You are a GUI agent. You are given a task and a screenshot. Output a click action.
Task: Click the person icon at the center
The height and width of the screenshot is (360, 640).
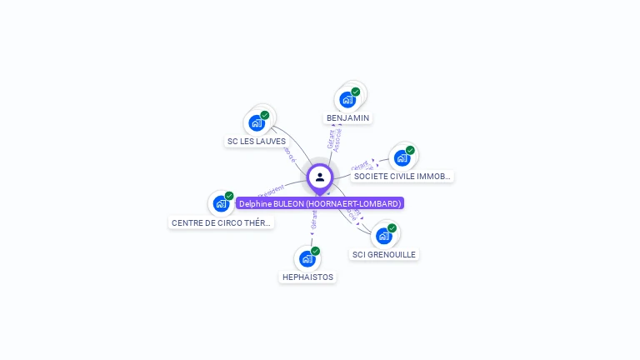click(x=320, y=177)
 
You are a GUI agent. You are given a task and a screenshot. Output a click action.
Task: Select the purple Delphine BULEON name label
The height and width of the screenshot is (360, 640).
click(x=320, y=203)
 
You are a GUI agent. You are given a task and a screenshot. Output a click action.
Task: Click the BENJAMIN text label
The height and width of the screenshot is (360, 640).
click(x=348, y=118)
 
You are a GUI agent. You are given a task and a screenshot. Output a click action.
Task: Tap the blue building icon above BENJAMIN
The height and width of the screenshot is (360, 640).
click(x=347, y=100)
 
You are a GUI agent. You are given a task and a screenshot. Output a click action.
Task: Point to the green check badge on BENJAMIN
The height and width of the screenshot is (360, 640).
click(x=356, y=92)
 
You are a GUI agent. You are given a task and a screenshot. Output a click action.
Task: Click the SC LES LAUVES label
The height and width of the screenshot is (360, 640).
click(x=257, y=142)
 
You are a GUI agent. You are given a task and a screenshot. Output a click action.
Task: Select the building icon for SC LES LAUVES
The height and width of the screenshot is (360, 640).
click(x=257, y=122)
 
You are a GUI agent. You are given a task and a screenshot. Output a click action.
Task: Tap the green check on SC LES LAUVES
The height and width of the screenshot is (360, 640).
click(x=265, y=115)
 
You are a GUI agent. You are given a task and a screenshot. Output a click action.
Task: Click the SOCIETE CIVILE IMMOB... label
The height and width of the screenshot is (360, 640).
click(x=402, y=177)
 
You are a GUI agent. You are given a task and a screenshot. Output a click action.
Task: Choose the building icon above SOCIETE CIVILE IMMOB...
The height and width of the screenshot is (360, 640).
click(x=402, y=157)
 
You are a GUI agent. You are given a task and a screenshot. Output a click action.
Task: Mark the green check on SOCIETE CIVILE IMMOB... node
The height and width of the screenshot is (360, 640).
click(x=410, y=150)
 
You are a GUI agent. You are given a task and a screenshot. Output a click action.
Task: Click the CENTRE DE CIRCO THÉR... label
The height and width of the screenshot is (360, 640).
click(x=222, y=223)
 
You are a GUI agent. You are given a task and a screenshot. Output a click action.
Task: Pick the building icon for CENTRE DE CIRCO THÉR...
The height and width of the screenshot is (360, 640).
click(x=221, y=203)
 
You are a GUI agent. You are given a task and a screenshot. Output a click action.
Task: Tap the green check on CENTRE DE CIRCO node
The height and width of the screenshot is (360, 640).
click(x=229, y=196)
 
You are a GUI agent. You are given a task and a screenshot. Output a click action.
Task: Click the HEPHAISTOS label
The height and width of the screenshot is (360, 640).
click(x=307, y=277)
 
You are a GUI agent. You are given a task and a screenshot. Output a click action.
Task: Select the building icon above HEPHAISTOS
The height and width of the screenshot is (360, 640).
click(x=307, y=258)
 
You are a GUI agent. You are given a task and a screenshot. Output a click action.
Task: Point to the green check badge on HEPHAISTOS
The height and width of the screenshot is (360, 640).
click(x=315, y=251)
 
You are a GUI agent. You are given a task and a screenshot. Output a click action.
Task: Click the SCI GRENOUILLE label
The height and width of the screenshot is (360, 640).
click(x=384, y=255)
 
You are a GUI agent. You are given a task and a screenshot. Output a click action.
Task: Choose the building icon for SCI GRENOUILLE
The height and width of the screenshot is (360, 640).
click(x=383, y=235)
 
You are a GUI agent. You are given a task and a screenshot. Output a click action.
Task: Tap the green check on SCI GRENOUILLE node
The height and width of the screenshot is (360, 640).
click(x=392, y=227)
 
